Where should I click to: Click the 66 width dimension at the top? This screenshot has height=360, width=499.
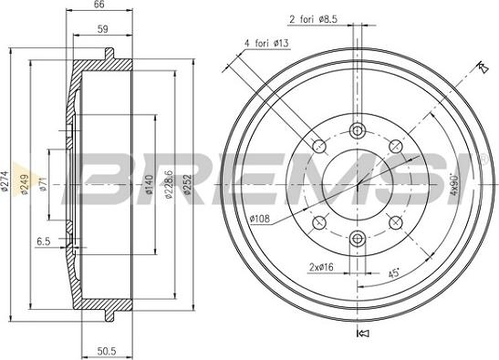[99, 5]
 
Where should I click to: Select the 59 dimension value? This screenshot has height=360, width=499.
[103, 29]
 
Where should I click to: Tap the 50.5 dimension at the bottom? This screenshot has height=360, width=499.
[107, 351]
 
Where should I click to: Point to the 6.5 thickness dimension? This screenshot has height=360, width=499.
[44, 242]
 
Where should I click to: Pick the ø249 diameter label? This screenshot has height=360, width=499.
[25, 184]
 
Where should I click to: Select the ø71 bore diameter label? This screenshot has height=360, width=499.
[43, 184]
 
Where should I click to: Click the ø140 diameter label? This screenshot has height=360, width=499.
[149, 184]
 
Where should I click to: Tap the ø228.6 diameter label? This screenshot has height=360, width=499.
[169, 184]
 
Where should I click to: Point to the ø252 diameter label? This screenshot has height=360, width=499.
[188, 184]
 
